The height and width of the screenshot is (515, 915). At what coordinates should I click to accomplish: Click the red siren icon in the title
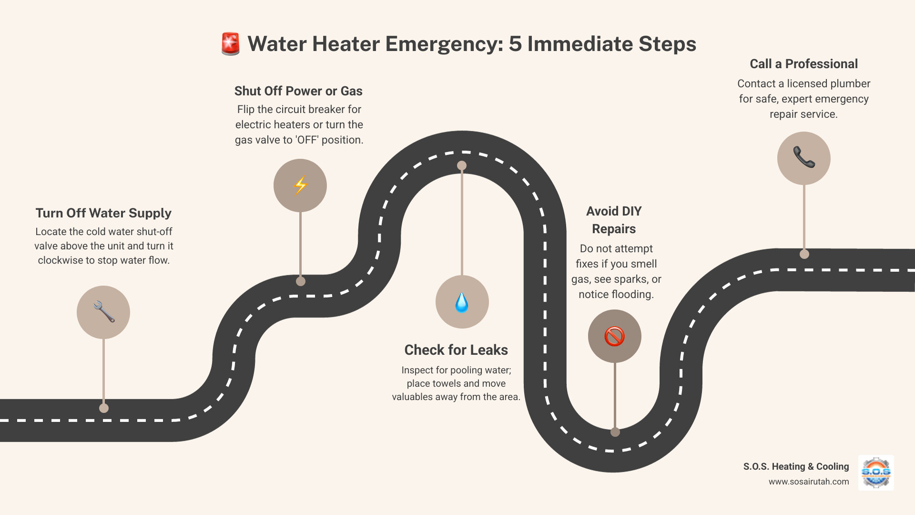point(231,44)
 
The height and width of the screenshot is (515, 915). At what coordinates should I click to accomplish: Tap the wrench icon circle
point(103,312)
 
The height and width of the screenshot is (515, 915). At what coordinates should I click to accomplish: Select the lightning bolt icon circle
point(300,185)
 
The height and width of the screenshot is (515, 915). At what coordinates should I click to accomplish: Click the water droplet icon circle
point(462,302)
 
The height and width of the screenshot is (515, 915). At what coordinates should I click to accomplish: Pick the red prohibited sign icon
point(614,336)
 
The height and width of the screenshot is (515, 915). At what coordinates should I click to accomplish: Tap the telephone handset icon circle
point(803,158)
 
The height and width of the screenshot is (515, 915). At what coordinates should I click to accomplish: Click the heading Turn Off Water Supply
point(103,213)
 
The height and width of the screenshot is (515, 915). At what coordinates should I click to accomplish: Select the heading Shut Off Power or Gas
point(298,91)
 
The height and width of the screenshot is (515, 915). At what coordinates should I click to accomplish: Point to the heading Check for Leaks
point(456,350)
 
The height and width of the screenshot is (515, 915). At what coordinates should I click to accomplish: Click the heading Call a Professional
point(803,64)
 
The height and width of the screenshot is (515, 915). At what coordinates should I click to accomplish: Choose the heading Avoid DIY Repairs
point(614,220)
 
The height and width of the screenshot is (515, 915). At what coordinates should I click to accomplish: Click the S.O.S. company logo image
point(876,473)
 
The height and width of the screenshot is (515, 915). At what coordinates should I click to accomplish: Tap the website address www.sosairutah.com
point(808,482)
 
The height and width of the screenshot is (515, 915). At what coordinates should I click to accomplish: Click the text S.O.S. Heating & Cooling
point(796,466)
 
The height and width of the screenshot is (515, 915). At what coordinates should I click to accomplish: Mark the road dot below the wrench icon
point(104,408)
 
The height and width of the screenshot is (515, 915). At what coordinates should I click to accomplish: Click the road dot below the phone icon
point(804,254)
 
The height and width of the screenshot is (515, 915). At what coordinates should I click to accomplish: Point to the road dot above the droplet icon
point(462,165)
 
